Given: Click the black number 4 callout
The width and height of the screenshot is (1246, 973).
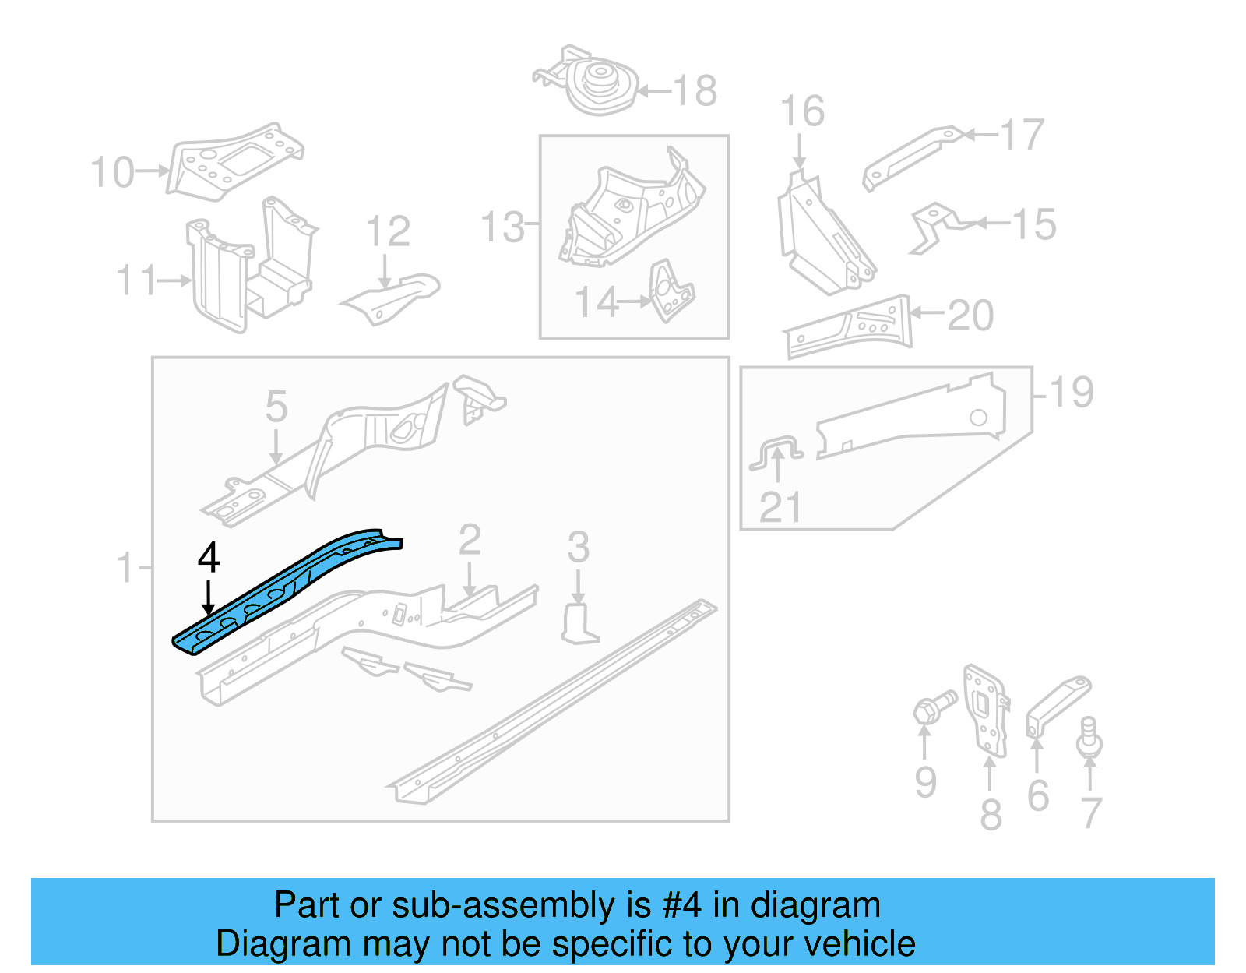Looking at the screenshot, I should (209, 558).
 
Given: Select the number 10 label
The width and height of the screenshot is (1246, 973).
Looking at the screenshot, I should (113, 172).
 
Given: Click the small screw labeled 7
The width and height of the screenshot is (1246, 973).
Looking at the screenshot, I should (1089, 737).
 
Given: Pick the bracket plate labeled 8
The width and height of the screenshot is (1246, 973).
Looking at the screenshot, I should (985, 709).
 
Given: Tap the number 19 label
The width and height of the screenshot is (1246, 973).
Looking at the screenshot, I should (1072, 392).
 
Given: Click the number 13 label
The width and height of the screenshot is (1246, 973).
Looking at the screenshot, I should (503, 227).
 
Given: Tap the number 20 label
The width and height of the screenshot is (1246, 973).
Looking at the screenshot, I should (970, 316).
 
